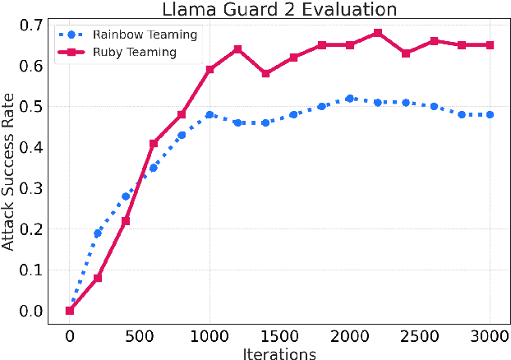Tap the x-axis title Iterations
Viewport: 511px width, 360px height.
point(279,353)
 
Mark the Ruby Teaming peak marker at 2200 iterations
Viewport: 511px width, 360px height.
point(378,33)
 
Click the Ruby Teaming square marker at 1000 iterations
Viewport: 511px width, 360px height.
point(209,70)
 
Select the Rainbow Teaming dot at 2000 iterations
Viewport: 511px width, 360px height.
point(350,99)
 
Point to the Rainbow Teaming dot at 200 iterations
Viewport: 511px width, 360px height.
point(98,233)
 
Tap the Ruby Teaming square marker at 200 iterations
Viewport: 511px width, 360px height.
point(98,278)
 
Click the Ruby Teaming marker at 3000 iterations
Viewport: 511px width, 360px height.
point(490,45)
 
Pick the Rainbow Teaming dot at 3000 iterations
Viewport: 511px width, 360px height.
point(490,114)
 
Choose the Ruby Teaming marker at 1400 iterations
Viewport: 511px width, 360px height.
point(265,74)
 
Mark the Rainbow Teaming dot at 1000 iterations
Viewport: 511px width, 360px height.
point(209,114)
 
